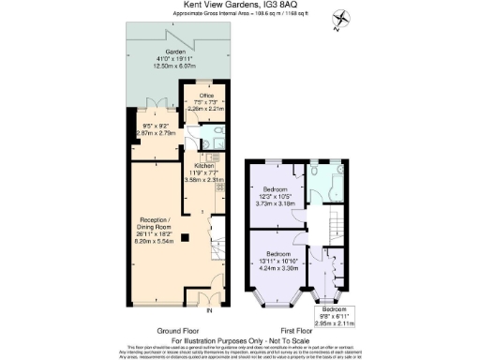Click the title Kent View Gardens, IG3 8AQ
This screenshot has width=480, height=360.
[239, 7]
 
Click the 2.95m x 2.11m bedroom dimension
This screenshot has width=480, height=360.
[334, 319]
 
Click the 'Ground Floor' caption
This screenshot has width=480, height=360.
[174, 331]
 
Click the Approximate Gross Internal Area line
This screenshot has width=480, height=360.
[239, 15]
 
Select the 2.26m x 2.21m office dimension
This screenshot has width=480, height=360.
[206, 110]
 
